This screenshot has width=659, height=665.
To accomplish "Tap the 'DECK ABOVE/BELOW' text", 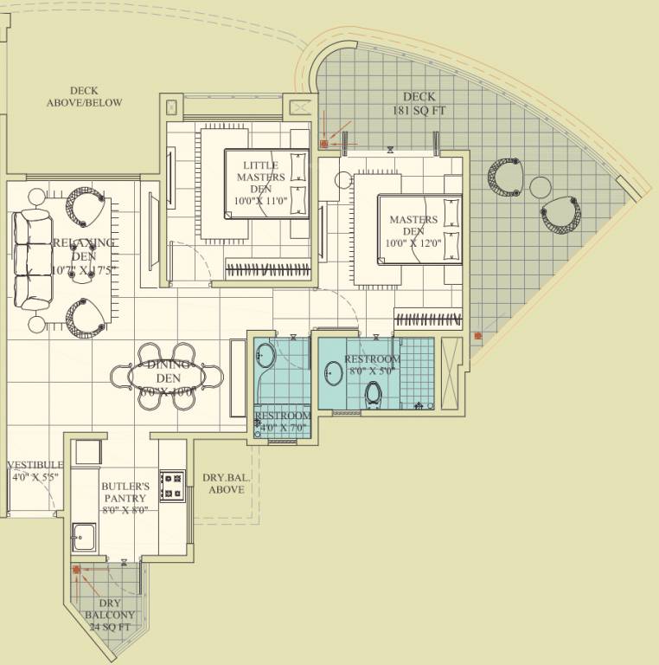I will (84, 96).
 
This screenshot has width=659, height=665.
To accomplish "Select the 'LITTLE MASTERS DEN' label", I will (260, 177).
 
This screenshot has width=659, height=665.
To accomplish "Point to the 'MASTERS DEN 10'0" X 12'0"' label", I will (413, 232).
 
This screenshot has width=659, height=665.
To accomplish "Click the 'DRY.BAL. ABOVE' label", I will (223, 483).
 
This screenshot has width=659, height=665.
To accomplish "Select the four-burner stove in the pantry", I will (172, 486).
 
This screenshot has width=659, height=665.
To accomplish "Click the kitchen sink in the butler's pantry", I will (84, 538).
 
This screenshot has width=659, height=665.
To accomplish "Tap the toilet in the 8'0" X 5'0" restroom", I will (374, 394).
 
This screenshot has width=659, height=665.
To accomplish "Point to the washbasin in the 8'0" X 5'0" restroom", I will (333, 374).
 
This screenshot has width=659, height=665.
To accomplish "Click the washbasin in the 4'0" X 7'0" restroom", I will (266, 356).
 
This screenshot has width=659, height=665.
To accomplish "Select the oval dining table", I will (167, 377).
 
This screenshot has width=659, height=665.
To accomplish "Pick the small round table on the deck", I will (541, 187).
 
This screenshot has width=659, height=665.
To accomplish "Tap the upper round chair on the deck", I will (506, 175).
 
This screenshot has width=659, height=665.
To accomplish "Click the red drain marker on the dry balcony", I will (77, 570).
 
